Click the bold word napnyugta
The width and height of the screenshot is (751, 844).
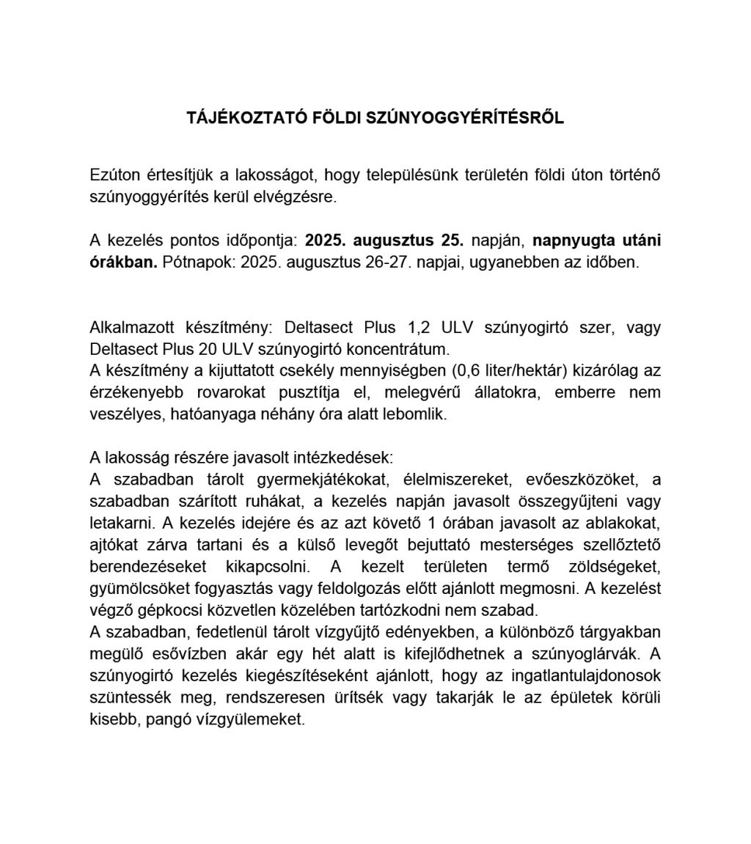pyautogui.click(x=576, y=241)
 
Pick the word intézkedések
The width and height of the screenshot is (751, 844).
pyautogui.click(x=345, y=458)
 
